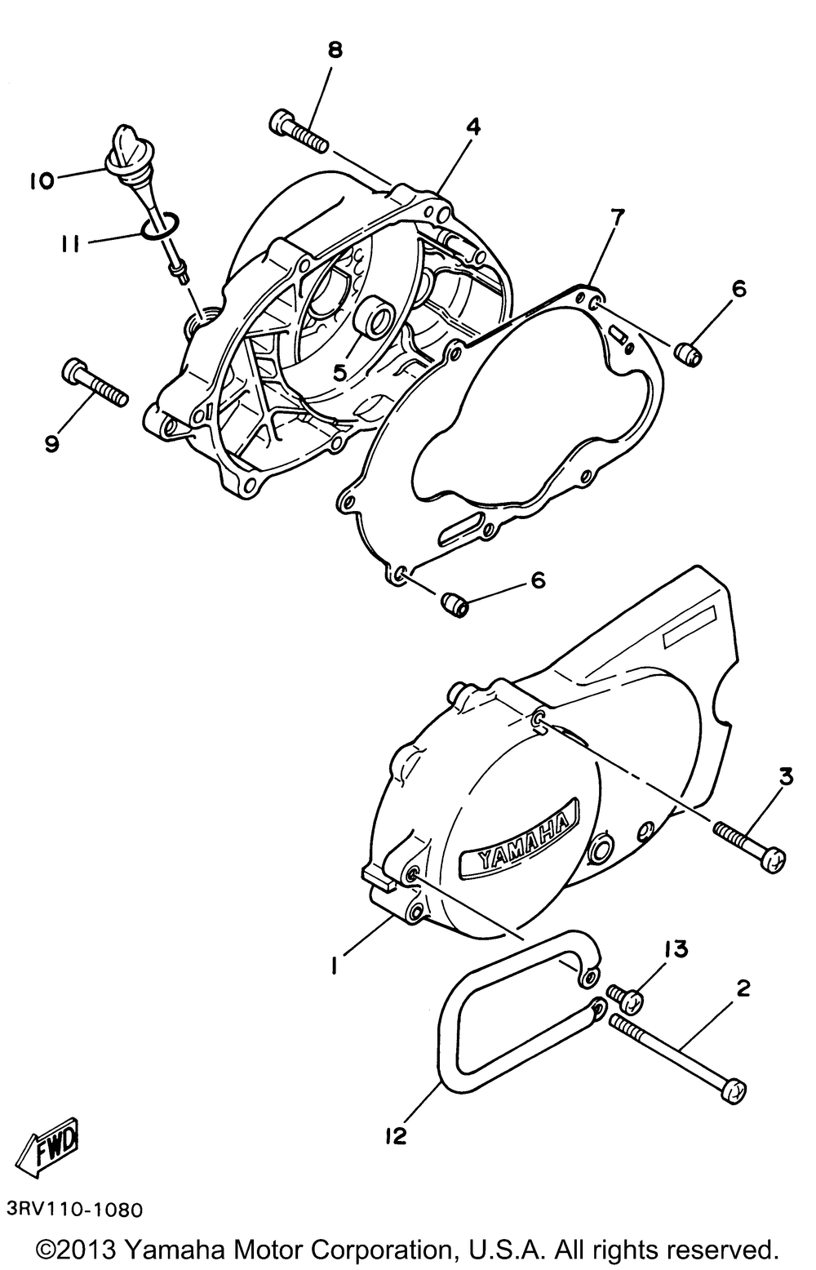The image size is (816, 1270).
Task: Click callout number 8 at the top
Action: pyautogui.click(x=335, y=51)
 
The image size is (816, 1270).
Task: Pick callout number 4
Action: pyautogui.click(x=473, y=127)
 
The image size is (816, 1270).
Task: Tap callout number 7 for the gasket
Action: pyautogui.click(x=617, y=217)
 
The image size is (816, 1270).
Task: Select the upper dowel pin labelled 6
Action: pyautogui.click(x=690, y=353)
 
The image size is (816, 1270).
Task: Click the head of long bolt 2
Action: pyautogui.click(x=734, y=1090)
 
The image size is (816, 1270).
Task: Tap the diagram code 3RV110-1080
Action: pyautogui.click(x=73, y=1207)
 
